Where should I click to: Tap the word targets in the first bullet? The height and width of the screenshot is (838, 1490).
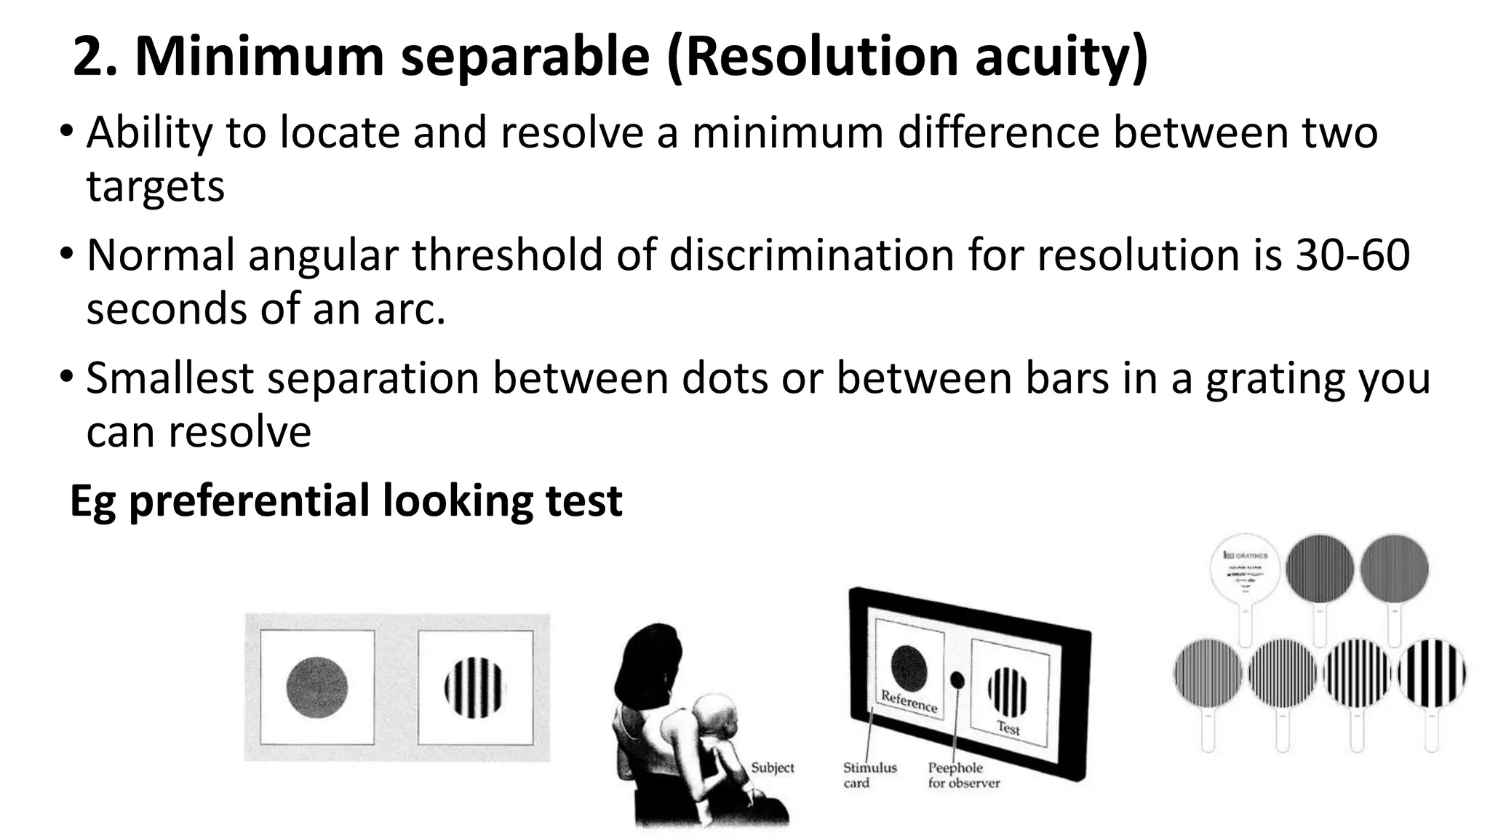(x=156, y=187)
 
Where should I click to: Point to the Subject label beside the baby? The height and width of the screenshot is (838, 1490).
(x=772, y=767)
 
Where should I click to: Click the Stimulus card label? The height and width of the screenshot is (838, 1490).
(x=869, y=775)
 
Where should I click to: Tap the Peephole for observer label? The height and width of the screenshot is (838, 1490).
(x=963, y=775)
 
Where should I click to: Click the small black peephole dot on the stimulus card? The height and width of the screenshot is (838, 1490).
(x=957, y=680)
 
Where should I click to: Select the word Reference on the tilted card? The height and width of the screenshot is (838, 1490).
(x=909, y=701)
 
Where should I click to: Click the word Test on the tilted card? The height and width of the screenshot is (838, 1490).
(x=1008, y=727)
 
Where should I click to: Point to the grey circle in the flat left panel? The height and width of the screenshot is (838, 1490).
(x=316, y=687)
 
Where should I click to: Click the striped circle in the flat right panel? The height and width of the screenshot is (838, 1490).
(x=474, y=687)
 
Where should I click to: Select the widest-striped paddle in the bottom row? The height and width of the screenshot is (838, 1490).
(x=1431, y=674)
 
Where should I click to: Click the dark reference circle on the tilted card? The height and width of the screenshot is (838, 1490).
(x=909, y=667)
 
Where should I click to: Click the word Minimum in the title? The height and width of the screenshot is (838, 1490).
(x=259, y=57)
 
